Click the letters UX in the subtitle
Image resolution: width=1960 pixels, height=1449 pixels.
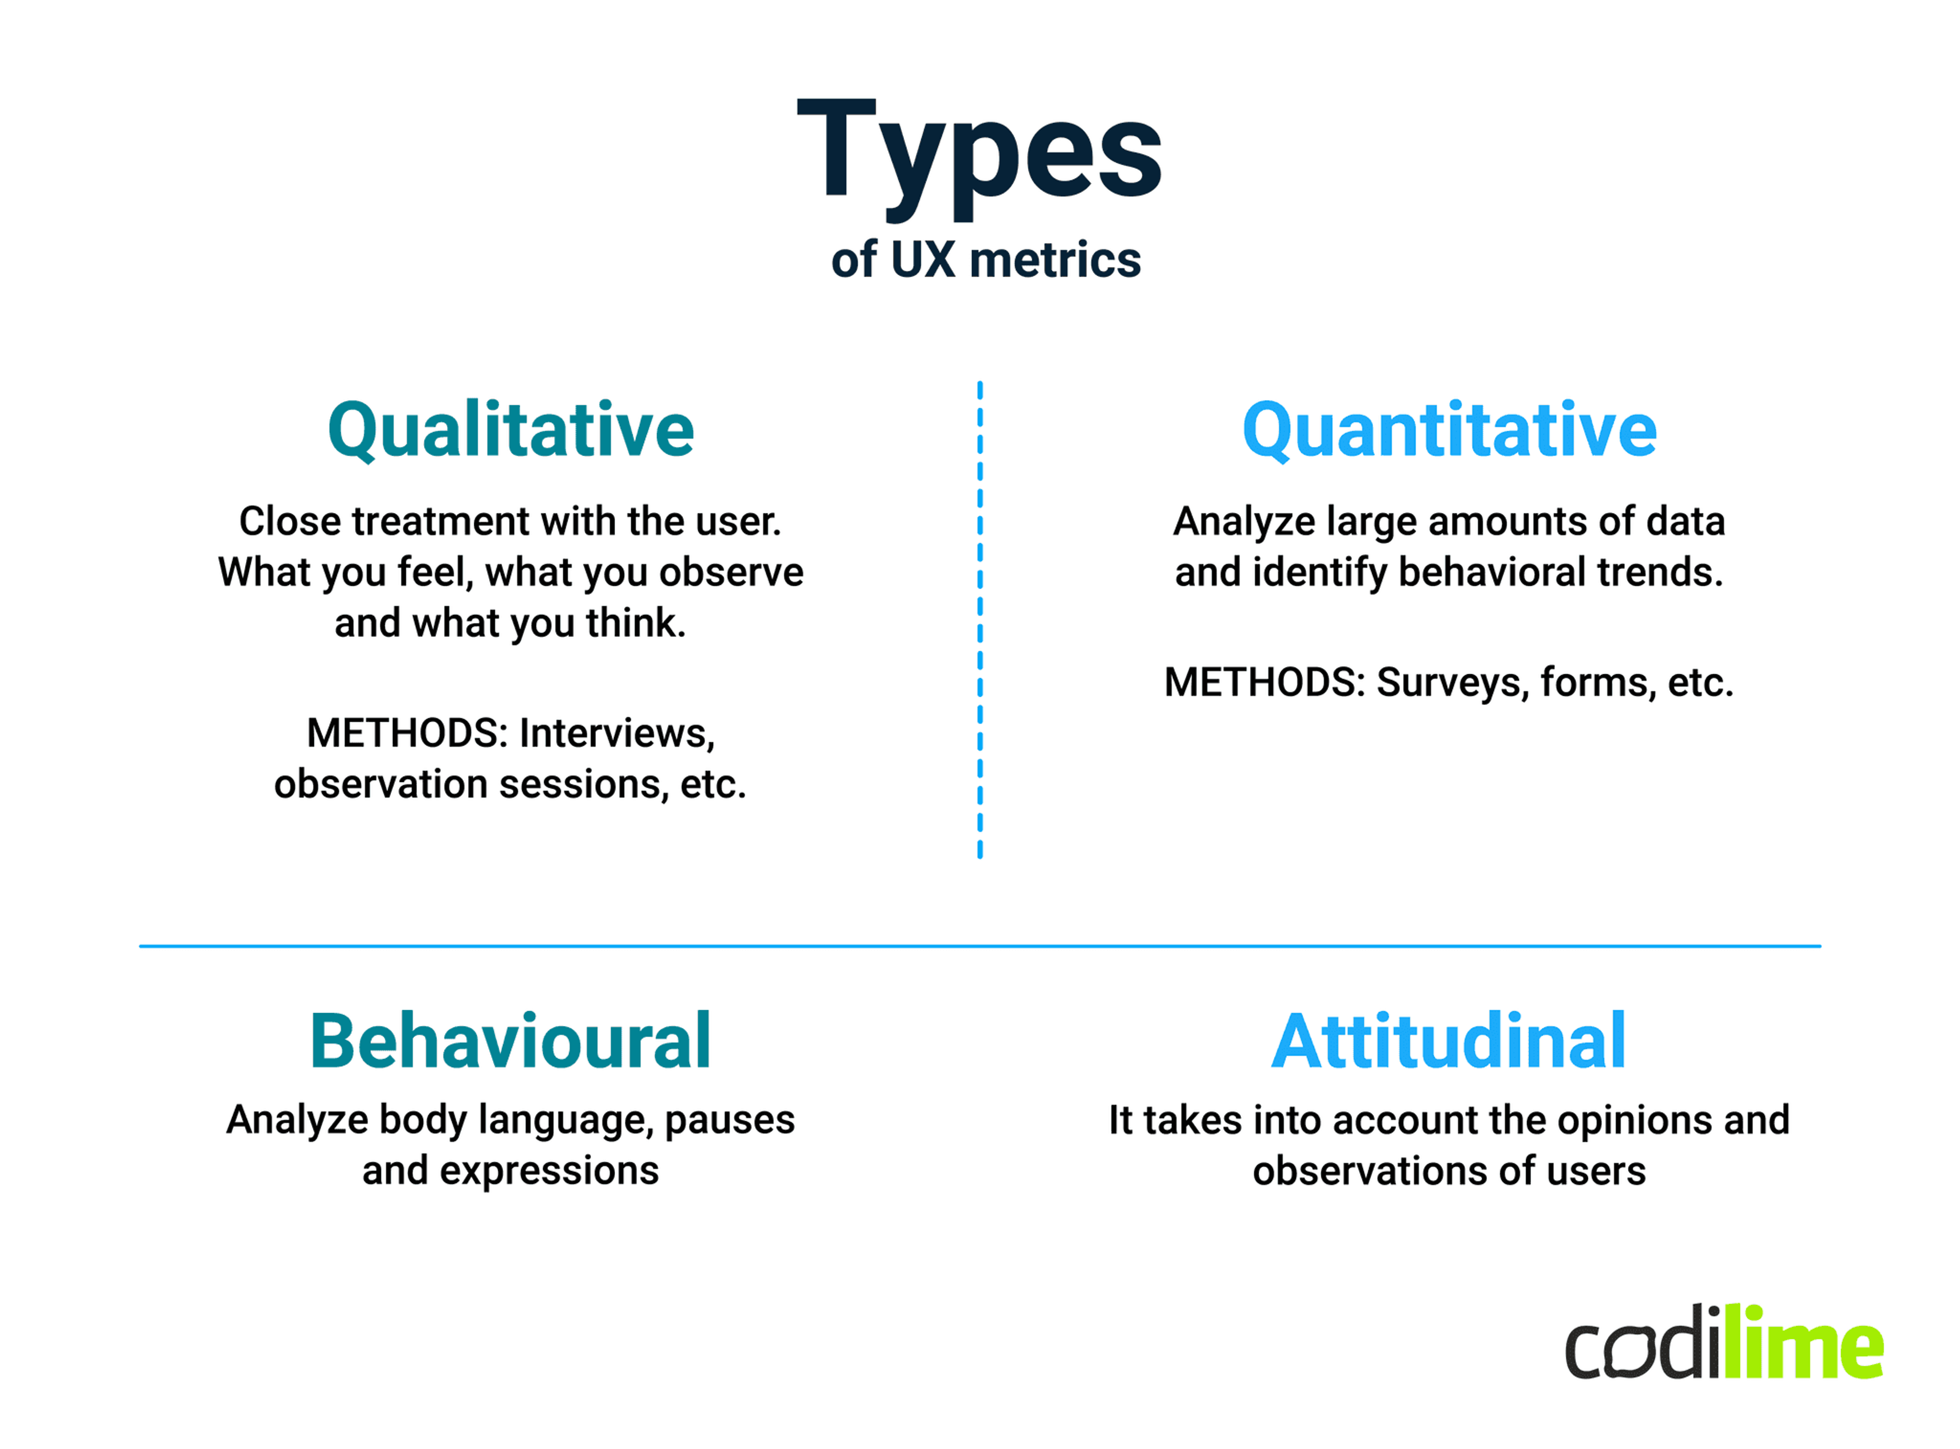(922, 260)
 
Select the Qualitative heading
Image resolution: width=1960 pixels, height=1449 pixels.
(510, 430)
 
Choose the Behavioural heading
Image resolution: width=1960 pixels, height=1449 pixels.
(510, 1042)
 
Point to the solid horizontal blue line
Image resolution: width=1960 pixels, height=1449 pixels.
(979, 946)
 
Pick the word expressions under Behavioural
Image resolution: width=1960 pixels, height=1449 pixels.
(549, 1172)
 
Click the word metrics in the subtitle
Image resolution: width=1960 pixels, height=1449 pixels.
(1055, 260)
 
